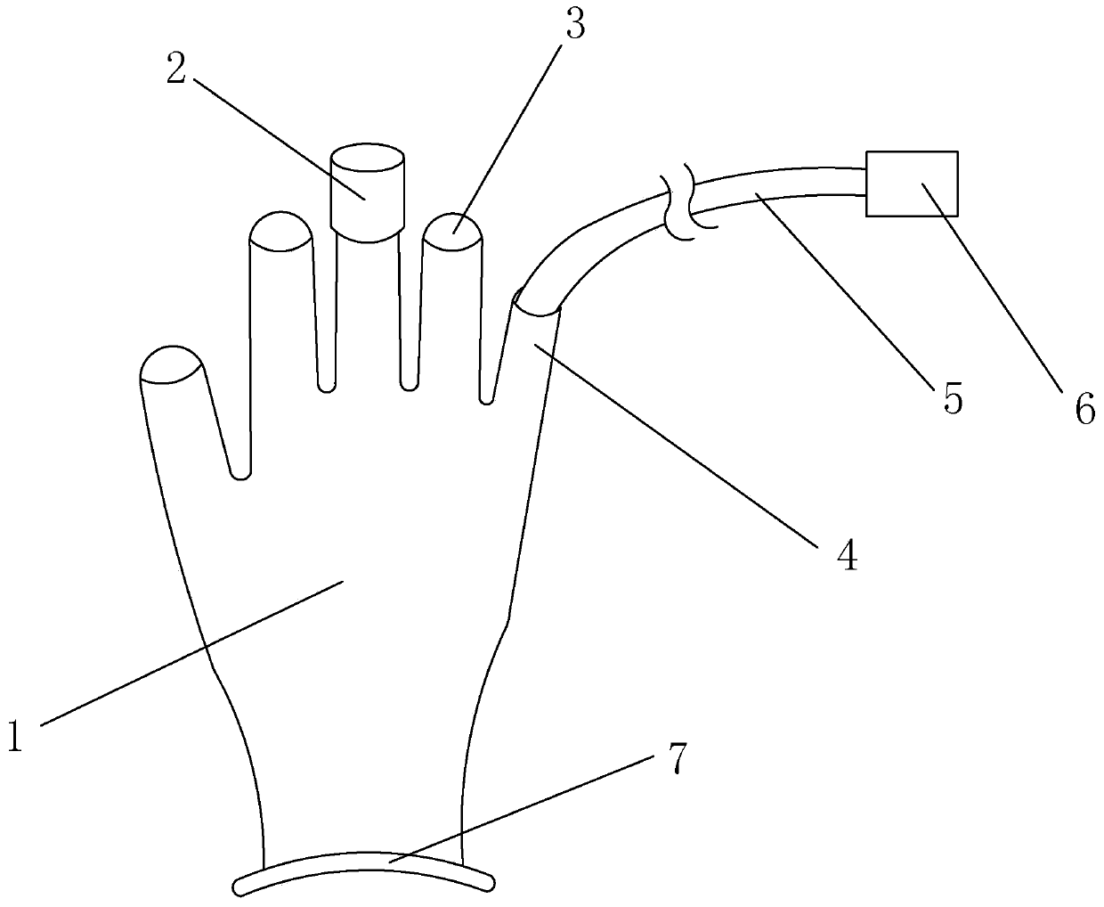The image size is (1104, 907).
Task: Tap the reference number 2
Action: tap(176, 69)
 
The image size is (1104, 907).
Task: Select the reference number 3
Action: tap(575, 24)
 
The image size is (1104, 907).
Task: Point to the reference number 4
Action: tap(847, 555)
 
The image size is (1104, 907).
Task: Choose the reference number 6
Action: tap(1085, 409)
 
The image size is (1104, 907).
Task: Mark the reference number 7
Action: tap(677, 758)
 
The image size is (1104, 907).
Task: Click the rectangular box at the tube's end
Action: tap(912, 184)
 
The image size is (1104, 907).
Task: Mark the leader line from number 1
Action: tap(191, 653)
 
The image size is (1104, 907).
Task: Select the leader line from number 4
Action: tap(675, 445)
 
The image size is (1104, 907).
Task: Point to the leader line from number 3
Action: tap(507, 138)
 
